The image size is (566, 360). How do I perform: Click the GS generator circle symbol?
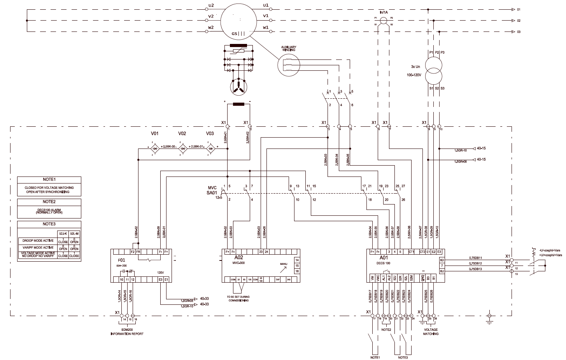pos(238,20)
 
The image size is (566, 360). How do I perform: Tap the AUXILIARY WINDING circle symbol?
pos(289,65)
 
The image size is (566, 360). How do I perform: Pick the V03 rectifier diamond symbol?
pos(210,148)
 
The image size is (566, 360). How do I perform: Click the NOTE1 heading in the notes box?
pos(49,180)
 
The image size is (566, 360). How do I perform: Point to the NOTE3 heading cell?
pos(49,224)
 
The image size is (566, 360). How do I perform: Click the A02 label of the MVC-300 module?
pos(238,257)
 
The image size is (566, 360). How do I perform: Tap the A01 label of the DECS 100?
pos(384,257)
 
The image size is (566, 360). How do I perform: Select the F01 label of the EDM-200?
pos(121,259)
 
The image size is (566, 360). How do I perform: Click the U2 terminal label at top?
pos(211,5)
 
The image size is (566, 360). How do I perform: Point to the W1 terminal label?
pos(266,28)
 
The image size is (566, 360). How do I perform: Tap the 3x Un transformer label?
pos(415,66)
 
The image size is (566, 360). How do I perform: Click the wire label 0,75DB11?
pos(475,258)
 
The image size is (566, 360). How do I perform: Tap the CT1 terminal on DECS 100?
pos(411,252)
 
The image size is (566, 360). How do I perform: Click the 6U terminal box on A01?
pos(442,271)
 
